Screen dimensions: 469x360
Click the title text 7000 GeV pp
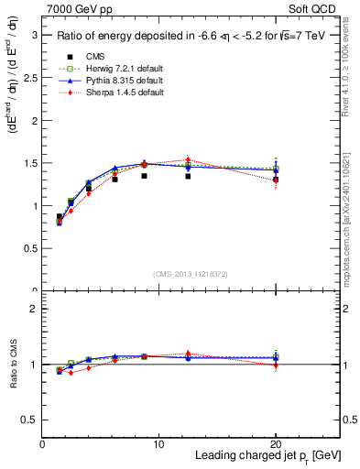[x=80, y=9]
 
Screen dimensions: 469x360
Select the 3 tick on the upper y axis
[x=36, y=35]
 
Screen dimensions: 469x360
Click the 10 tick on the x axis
[x=158, y=444]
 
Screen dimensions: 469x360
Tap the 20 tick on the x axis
[x=276, y=444]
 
